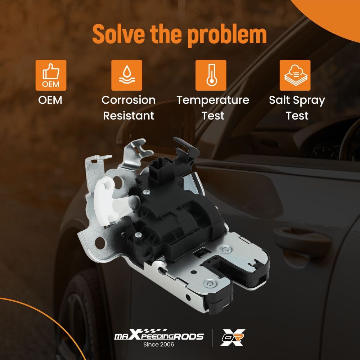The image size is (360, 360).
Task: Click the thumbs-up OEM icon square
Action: click(x=51, y=75)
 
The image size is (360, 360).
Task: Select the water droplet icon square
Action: click(x=127, y=75)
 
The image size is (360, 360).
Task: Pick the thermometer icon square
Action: click(x=211, y=75)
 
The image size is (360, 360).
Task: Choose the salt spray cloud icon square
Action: click(x=295, y=75)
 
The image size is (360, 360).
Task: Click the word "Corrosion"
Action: click(x=129, y=100)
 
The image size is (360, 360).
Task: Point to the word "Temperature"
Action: click(x=213, y=100)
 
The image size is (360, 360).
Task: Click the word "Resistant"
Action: click(x=129, y=116)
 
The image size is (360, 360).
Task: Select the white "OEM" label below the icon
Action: click(x=50, y=100)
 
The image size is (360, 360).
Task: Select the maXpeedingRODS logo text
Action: click(x=159, y=335)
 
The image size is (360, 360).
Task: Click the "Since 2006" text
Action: click(x=159, y=345)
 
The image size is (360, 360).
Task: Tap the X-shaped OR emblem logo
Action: click(x=232, y=338)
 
